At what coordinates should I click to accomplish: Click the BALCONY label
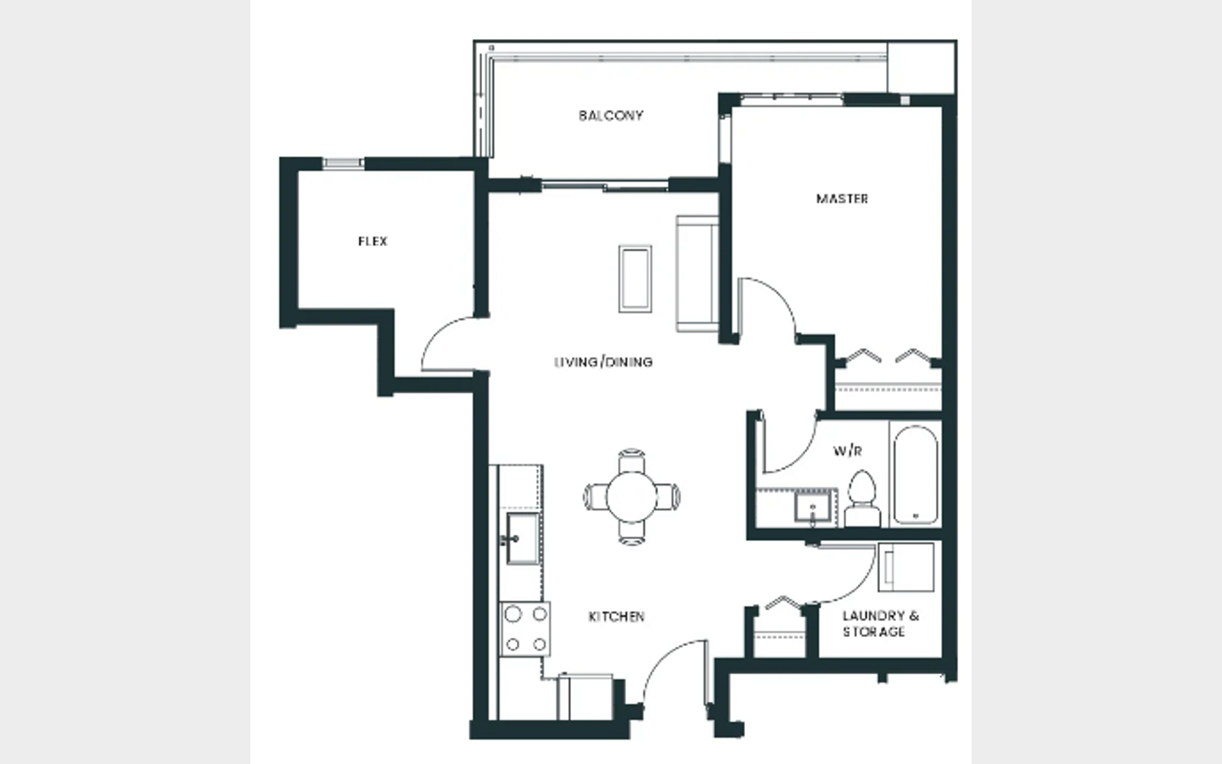(x=611, y=115)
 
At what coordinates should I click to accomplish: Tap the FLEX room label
(x=373, y=241)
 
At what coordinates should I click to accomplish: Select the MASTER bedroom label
(x=842, y=199)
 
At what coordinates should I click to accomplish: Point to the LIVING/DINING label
(x=603, y=362)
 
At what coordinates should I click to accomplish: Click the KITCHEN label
(x=616, y=616)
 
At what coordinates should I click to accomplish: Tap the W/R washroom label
(x=848, y=452)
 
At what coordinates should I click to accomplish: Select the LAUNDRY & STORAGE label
(x=881, y=624)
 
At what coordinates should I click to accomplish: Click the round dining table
(x=631, y=497)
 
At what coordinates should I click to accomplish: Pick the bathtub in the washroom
(x=916, y=475)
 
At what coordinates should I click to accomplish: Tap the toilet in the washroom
(x=862, y=498)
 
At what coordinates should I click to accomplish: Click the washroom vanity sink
(x=813, y=507)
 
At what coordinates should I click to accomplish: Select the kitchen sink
(x=522, y=538)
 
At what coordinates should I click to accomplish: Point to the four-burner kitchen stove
(x=525, y=629)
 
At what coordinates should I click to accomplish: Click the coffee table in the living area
(x=635, y=278)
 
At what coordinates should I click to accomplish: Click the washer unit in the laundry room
(x=905, y=567)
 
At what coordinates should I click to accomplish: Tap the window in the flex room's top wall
(x=343, y=163)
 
